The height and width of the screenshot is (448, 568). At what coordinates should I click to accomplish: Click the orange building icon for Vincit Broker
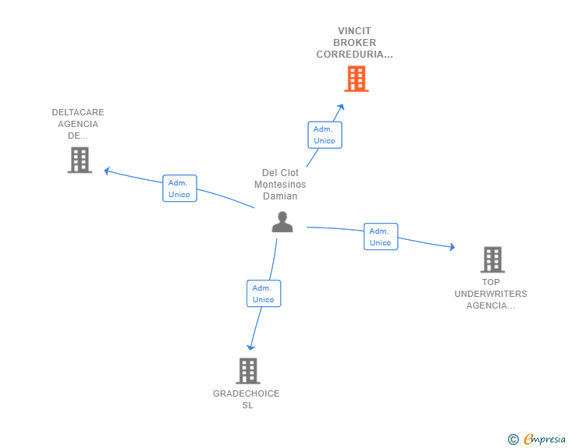[356, 79]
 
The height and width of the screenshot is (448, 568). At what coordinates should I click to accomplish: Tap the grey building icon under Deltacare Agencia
[80, 160]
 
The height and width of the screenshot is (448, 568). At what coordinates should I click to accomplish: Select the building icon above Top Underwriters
[492, 259]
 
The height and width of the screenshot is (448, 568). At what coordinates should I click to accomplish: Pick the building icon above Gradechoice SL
[248, 371]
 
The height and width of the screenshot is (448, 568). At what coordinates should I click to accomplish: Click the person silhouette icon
[282, 222]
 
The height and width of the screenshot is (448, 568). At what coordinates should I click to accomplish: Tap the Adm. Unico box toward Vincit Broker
[325, 135]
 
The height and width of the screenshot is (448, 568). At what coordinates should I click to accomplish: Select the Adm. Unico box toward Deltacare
[179, 189]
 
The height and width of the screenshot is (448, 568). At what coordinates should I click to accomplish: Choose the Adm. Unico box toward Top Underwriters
[381, 236]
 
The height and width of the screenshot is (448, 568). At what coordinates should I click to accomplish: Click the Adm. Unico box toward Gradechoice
[264, 294]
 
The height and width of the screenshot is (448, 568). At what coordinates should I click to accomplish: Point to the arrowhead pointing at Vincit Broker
[341, 107]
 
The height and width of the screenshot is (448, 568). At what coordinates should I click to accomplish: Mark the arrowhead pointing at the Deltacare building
[106, 171]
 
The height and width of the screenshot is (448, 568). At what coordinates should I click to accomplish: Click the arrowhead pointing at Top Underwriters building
[452, 247]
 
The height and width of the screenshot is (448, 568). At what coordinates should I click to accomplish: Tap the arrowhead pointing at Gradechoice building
[250, 347]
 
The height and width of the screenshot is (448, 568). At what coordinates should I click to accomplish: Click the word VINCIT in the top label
[354, 30]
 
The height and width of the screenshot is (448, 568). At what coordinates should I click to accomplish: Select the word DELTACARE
[78, 112]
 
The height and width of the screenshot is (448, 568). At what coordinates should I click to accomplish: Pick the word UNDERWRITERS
[491, 294]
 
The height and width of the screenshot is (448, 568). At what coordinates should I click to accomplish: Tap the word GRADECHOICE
[247, 393]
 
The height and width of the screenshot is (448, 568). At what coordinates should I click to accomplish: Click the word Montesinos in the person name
[280, 185]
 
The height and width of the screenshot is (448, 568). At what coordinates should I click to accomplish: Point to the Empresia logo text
[545, 439]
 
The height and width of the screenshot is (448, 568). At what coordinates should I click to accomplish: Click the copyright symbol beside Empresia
[513, 439]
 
